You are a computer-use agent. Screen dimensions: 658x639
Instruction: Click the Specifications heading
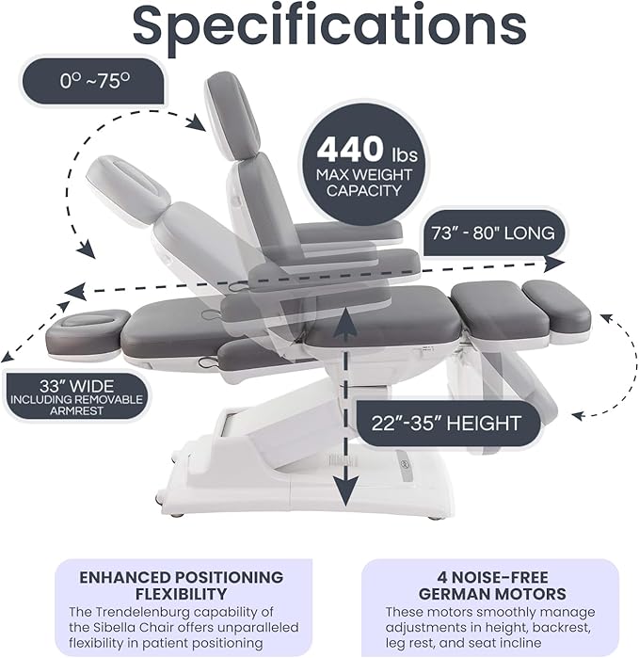[328, 25]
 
